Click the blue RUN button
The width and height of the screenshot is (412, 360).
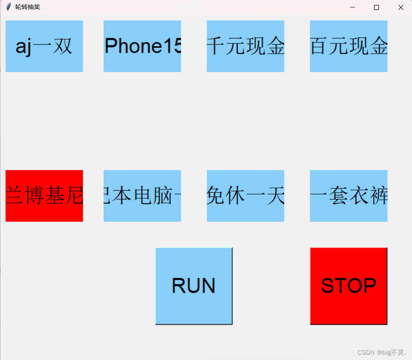point(194,286)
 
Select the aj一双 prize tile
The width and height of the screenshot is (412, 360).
point(44,46)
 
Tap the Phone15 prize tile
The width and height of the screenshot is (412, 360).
point(142,46)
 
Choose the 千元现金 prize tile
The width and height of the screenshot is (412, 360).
point(245,46)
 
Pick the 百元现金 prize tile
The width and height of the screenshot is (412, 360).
point(348,46)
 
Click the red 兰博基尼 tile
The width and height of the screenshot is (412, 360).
point(44,196)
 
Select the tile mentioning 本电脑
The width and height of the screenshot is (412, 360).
point(142,196)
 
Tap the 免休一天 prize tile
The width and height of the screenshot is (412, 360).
point(245,196)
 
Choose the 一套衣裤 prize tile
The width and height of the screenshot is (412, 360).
point(348,196)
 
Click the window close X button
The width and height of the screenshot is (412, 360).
point(400,7)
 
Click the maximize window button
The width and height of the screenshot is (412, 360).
point(376,7)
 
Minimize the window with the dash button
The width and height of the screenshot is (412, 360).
point(353,7)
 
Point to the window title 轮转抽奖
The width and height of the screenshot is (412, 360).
point(28,7)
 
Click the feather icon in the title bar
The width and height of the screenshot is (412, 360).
point(8,7)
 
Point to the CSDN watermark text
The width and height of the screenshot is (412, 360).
point(382,352)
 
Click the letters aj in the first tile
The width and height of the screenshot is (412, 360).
point(24,47)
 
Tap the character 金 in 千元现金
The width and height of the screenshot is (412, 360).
point(275,46)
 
